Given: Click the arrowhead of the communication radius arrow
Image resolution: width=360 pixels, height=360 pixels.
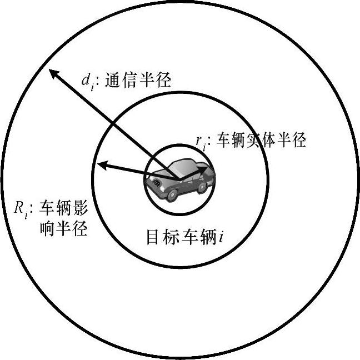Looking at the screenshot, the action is tap(52, 73).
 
